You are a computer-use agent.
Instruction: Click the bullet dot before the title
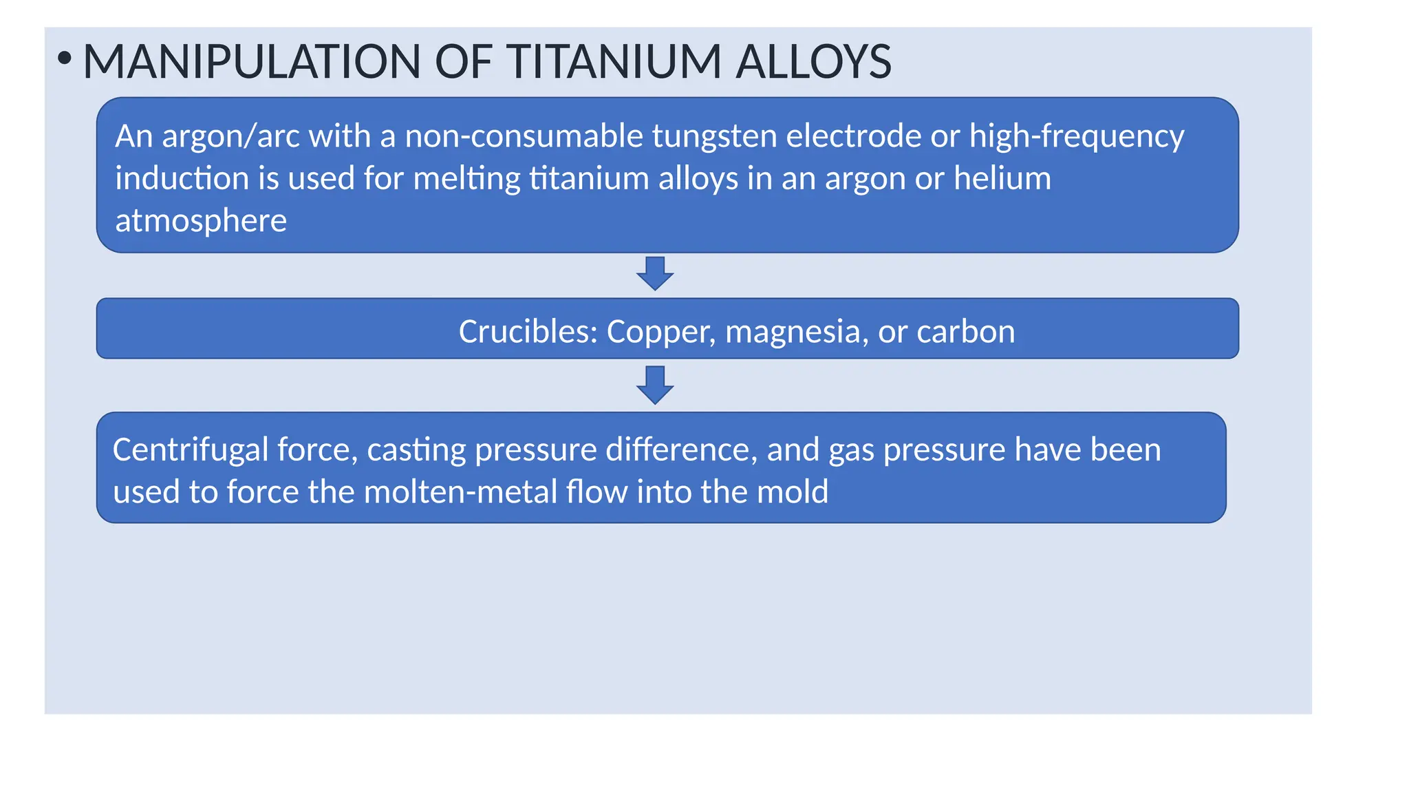(64, 59)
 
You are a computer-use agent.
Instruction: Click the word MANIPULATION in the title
(251, 62)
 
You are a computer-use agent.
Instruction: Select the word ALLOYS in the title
(813, 62)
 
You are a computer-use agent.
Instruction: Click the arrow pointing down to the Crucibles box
(655, 273)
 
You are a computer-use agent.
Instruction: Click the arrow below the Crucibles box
(655, 385)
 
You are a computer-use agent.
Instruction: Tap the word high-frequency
(1077, 136)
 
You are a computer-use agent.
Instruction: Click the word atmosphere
(201, 221)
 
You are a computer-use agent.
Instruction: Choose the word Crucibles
(528, 332)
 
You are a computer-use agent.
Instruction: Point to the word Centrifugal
(190, 450)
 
